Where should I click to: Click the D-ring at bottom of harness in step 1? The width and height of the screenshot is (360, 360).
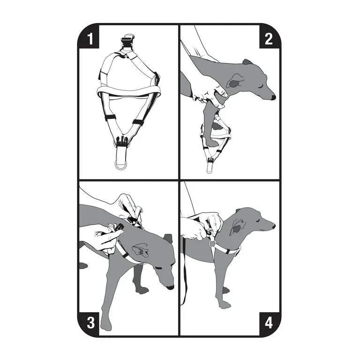point(120,165)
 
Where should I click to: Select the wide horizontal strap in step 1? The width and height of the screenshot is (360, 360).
point(128,90)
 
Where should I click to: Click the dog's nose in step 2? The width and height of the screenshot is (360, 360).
point(273,97)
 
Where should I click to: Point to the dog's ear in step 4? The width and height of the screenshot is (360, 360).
point(237,226)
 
